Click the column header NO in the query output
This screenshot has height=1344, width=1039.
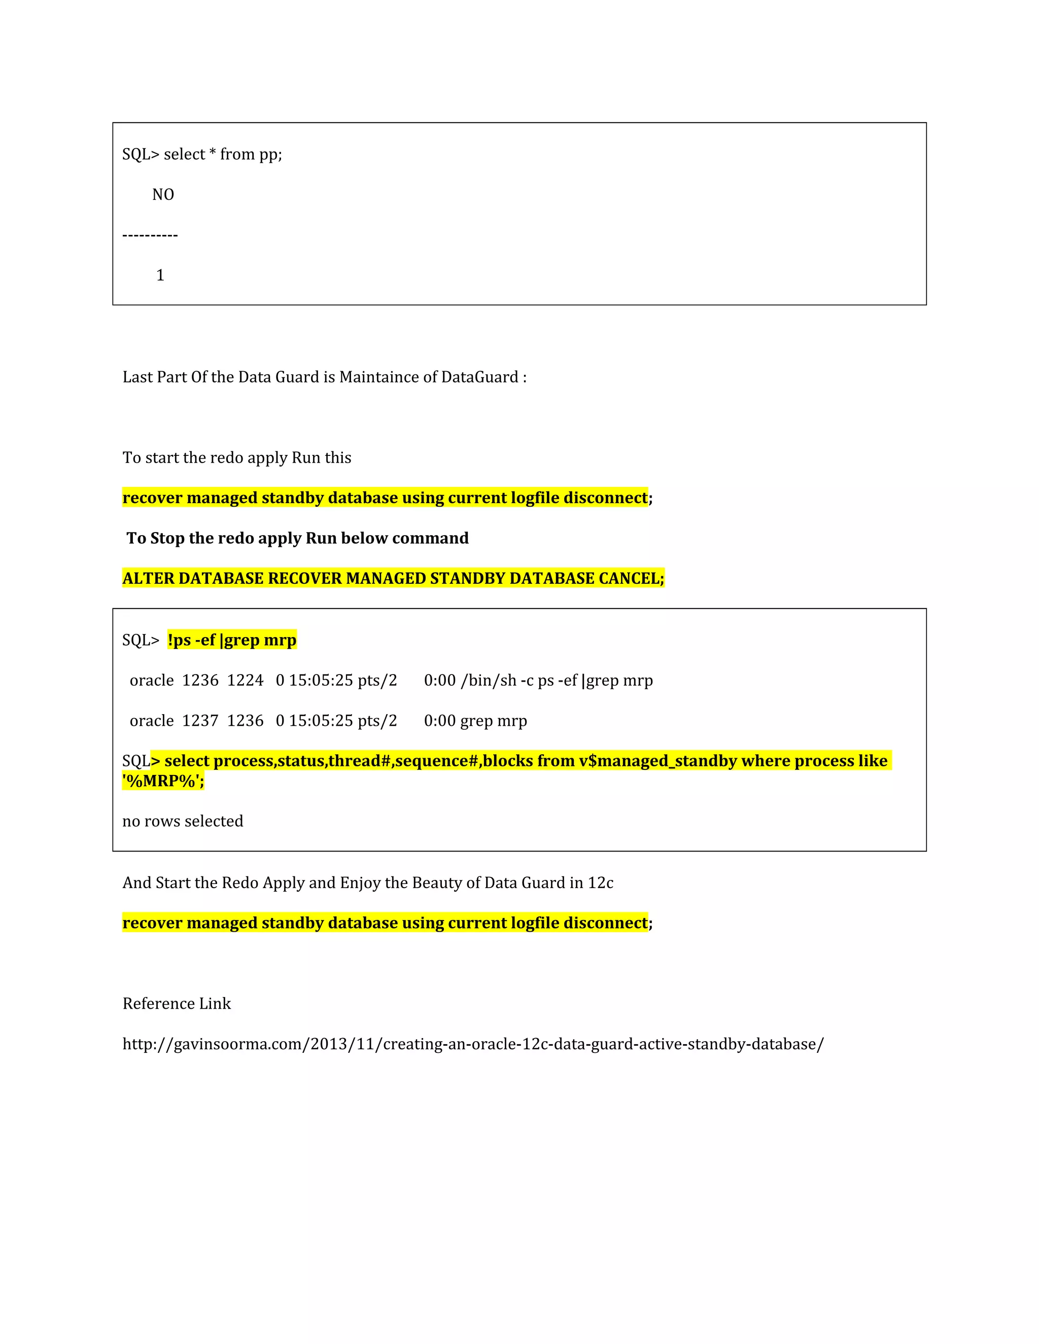[163, 194]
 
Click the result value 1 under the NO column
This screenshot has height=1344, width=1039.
[160, 275]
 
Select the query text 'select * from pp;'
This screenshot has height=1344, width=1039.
[223, 155]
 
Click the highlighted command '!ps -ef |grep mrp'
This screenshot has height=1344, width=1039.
[232, 640]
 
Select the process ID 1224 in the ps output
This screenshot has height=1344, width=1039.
[245, 681]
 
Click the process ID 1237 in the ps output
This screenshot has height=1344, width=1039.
[200, 721]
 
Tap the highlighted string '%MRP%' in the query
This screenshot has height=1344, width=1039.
[162, 781]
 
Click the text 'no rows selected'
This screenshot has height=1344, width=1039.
[183, 821]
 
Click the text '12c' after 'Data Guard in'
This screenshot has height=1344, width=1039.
[600, 882]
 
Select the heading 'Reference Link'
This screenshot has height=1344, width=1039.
[177, 1004]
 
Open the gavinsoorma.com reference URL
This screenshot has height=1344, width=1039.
[473, 1044]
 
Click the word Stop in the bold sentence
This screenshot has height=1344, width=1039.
[167, 539]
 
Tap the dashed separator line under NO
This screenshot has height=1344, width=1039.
[150, 235]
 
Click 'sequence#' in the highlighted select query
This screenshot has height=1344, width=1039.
[436, 761]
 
